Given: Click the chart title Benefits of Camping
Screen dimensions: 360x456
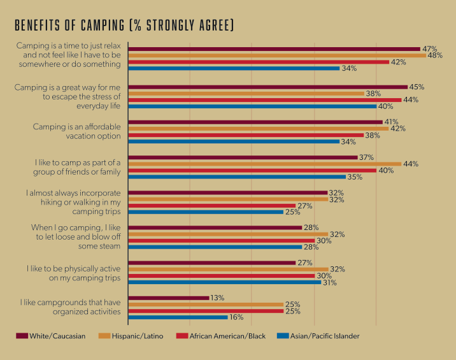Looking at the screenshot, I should pos(124,25).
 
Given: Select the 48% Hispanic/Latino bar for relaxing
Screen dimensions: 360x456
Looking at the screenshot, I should pos(277,55).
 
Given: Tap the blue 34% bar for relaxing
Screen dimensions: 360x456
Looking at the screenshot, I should pos(234,68).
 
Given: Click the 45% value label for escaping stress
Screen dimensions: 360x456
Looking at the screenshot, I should pos(417,87).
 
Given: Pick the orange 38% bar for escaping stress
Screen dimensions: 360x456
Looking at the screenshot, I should pos(246,93).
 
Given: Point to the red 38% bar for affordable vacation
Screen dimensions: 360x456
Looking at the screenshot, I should pos(246,135).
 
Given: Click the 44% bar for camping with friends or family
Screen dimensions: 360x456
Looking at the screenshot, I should pos(264,164).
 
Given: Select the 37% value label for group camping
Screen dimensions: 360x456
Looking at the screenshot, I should pos(367,157).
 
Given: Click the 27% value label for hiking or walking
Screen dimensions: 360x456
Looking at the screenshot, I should pos(305,206).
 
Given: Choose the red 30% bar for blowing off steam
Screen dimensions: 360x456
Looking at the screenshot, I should pos(221,241).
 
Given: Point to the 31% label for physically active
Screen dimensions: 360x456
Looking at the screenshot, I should pos(330,282).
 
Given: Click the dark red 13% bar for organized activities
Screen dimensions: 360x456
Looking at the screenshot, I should pos(168,298).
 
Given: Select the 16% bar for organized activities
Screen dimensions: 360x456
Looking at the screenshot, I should pos(178,317).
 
